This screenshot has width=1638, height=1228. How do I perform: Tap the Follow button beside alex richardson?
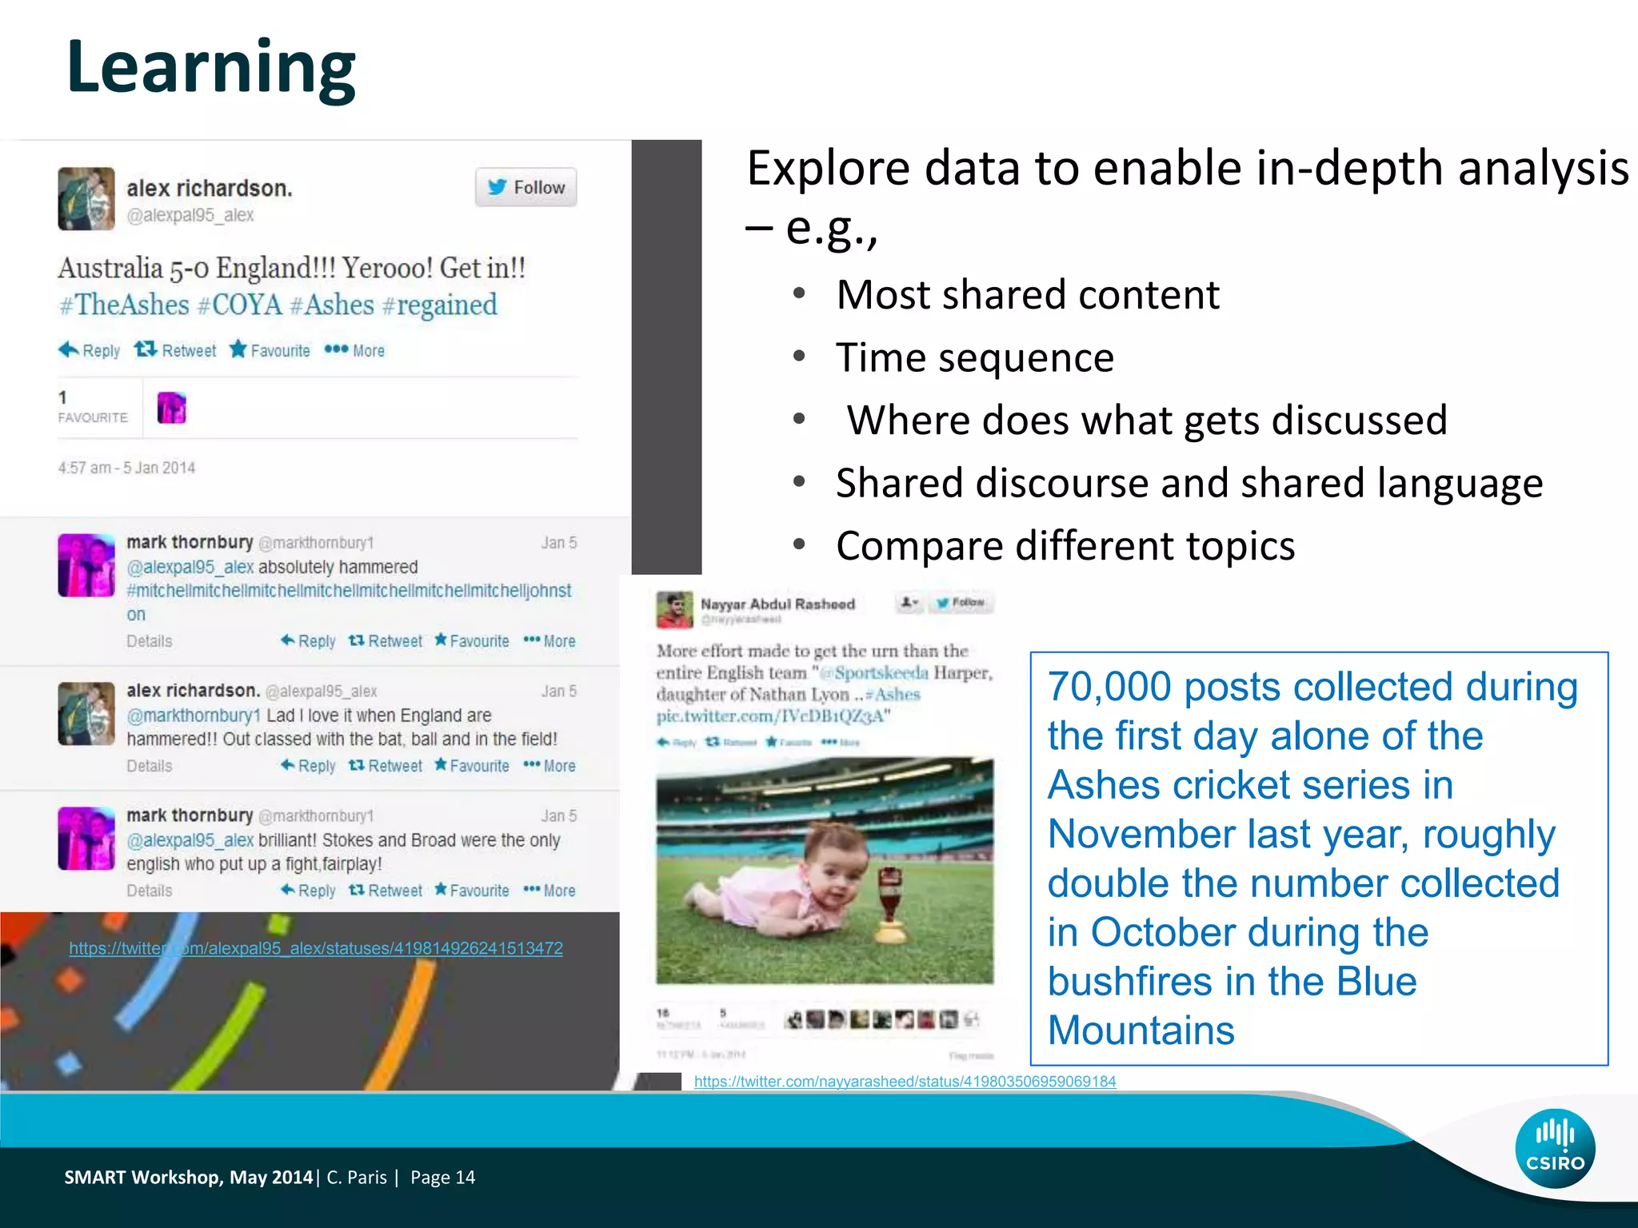[525, 187]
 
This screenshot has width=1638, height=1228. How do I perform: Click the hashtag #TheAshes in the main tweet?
[125, 305]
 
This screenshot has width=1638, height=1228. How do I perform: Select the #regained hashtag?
[439, 305]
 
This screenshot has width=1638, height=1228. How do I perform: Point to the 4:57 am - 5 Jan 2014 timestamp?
[126, 468]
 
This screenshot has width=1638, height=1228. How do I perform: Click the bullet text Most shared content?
[1027, 295]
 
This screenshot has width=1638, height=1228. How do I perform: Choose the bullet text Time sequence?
[974, 357]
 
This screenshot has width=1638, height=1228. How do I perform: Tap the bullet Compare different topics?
[1065, 546]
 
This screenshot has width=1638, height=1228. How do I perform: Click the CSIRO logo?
[1554, 1147]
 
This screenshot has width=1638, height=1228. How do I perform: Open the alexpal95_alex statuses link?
[316, 948]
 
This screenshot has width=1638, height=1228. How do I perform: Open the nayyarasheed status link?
[905, 1082]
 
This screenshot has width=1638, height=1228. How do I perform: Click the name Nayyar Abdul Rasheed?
[777, 604]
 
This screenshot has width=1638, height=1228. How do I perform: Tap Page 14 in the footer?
[442, 1178]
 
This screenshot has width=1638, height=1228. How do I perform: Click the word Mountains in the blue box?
[1141, 1031]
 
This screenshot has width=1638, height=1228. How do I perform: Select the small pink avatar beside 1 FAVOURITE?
[171, 409]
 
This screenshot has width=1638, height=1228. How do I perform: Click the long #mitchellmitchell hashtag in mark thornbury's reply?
[349, 591]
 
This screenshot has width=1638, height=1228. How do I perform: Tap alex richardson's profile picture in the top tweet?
[86, 198]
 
